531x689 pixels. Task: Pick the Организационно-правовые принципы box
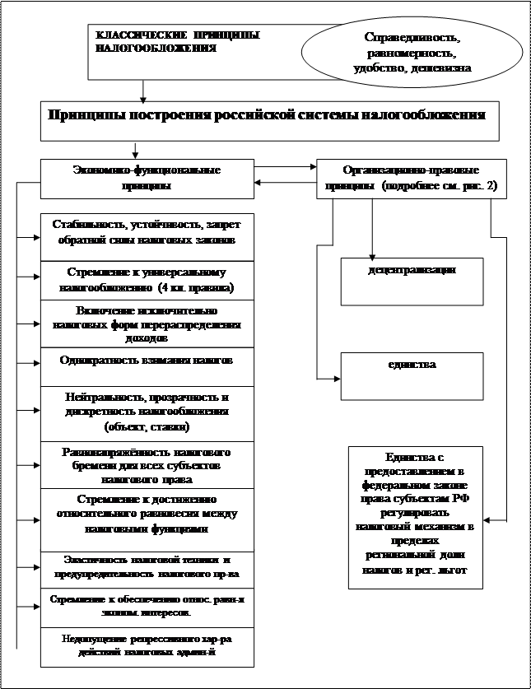[x=411, y=177]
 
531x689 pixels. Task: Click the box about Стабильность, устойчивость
[x=147, y=233]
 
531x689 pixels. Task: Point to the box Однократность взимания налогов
[x=147, y=361]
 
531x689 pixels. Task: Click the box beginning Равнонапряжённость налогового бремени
[x=147, y=464]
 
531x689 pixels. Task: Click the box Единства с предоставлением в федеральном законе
[x=419, y=516]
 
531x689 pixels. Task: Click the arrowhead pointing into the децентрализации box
[x=337, y=270]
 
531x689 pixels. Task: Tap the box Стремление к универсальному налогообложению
[x=147, y=279]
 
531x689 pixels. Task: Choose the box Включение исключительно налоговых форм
[x=147, y=324]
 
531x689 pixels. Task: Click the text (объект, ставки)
[x=147, y=427]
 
